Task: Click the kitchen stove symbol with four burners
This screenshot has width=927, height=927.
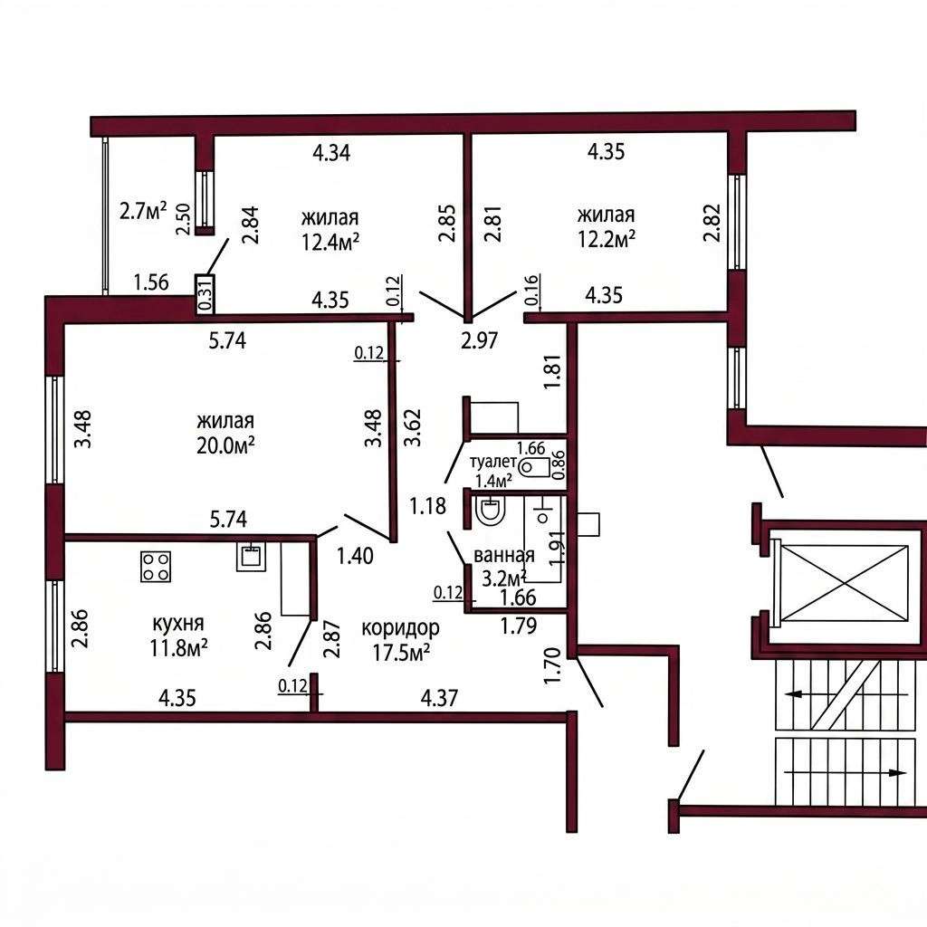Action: pyautogui.click(x=156, y=567)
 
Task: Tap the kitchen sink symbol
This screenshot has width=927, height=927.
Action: pyautogui.click(x=252, y=556)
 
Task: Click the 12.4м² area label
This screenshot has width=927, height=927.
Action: pyautogui.click(x=331, y=242)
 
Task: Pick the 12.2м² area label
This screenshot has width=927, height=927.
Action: pyautogui.click(x=607, y=239)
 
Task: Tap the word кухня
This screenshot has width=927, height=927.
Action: pyautogui.click(x=178, y=623)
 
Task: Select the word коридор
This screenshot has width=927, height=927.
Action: pyautogui.click(x=400, y=628)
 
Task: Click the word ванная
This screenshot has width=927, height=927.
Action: pyautogui.click(x=503, y=556)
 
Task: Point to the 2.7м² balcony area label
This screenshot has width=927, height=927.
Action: pyautogui.click(x=143, y=210)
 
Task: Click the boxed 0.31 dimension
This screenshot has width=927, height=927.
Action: pyautogui.click(x=205, y=294)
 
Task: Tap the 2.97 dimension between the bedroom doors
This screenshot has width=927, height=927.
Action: pyautogui.click(x=480, y=340)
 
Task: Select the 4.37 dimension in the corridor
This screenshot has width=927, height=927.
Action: pyautogui.click(x=439, y=698)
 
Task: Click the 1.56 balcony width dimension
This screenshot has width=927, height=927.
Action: pyautogui.click(x=151, y=282)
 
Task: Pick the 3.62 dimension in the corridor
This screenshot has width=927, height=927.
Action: pyautogui.click(x=411, y=427)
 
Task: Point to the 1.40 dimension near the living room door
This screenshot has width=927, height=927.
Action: pyautogui.click(x=355, y=556)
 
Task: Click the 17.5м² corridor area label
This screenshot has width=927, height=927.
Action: pyautogui.click(x=401, y=653)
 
